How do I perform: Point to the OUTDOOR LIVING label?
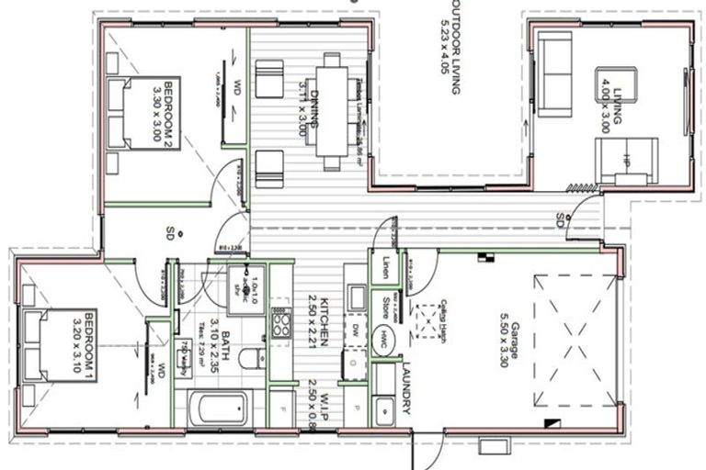(452, 46)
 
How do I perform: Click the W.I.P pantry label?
(313, 402)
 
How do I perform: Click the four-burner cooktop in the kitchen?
(279, 323)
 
